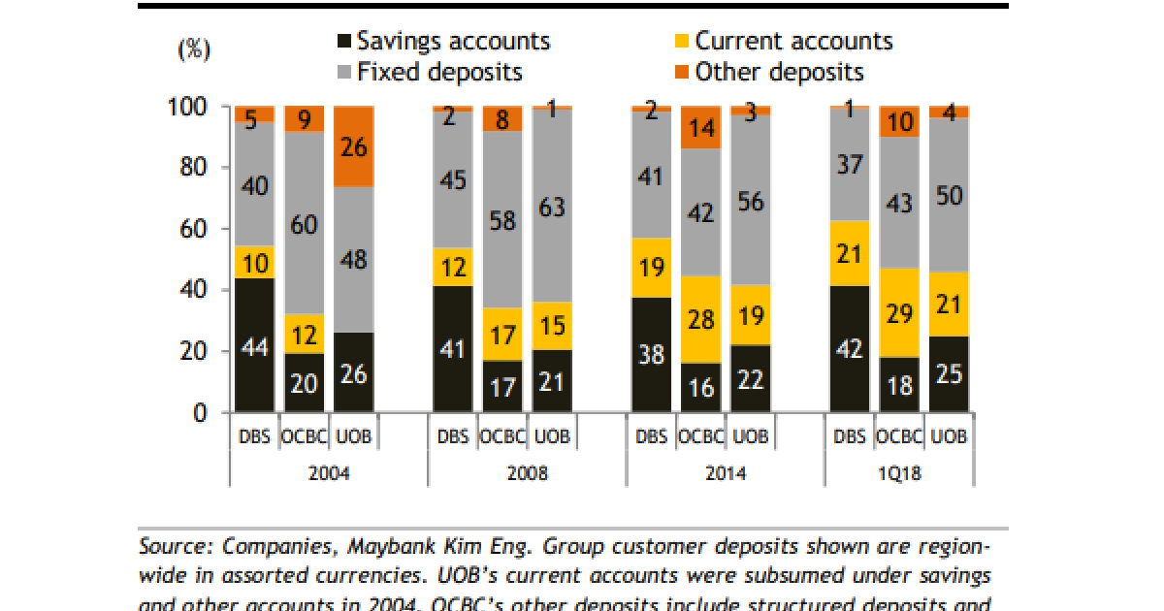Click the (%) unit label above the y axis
coord(194,50)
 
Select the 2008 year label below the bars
coord(527,474)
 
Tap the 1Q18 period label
coord(899,474)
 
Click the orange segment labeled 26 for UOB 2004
coord(354,147)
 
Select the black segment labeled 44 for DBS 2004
coord(253,345)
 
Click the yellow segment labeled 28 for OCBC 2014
coord(701,320)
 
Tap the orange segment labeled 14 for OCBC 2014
coord(701,128)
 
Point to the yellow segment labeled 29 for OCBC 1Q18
coord(899,312)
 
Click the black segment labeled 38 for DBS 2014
coord(652,355)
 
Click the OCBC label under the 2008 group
coord(501,436)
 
